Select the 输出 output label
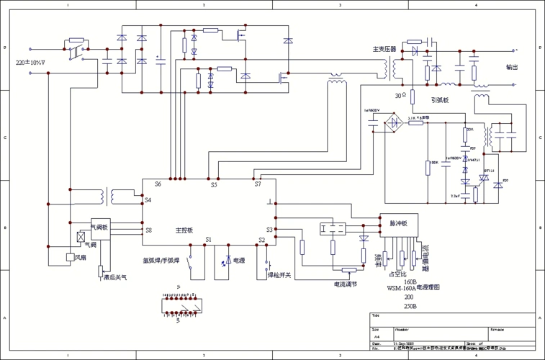point(512,67)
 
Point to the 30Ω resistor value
point(400,95)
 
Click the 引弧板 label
point(441,100)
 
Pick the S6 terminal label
point(158,184)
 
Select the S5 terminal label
point(214,185)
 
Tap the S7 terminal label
point(258,184)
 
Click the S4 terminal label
point(148,199)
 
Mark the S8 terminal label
point(148,230)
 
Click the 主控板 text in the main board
point(184,230)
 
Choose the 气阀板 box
point(99,228)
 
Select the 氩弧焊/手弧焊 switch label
point(161,259)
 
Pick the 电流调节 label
point(346,284)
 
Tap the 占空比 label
point(397,274)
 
